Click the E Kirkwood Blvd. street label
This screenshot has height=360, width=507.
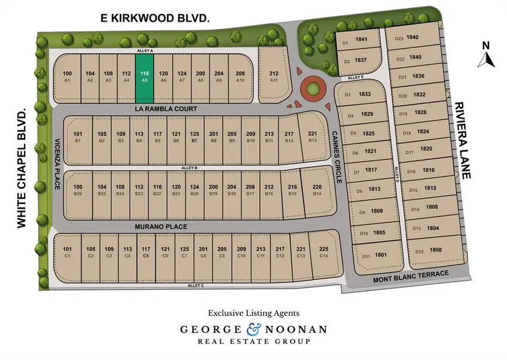tap(155, 19)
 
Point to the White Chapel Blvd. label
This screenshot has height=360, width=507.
tap(22, 168)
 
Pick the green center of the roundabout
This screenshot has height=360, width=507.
tap(311, 91)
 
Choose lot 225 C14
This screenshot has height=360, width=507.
tap(324, 252)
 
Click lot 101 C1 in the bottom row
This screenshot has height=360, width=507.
tap(67, 252)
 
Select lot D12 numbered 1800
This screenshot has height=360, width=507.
tap(428, 251)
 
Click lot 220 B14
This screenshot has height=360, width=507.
tap(317, 190)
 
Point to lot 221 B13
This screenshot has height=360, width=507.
tap(312, 136)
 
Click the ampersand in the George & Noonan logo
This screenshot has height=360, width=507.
tap(252, 329)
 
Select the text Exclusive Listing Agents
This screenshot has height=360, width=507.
tap(253, 313)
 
